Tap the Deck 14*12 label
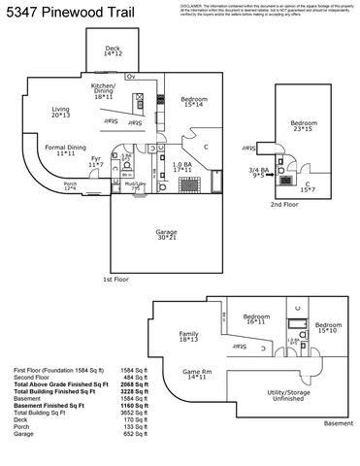(x=113, y=50)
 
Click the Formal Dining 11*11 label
(x=66, y=150)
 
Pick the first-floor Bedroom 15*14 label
(x=193, y=102)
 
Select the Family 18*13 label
(x=188, y=338)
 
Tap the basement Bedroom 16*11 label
(x=256, y=320)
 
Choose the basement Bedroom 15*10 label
(x=328, y=328)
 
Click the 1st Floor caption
(x=115, y=279)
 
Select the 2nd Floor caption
(x=283, y=206)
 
